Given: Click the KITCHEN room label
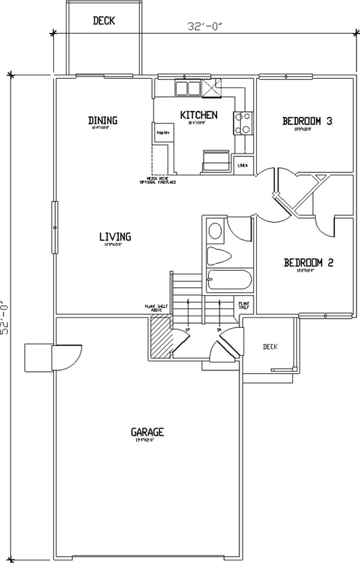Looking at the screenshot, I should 198,115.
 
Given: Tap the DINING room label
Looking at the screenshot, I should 103,120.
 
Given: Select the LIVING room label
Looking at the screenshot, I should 115,236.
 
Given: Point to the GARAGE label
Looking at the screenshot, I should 147,432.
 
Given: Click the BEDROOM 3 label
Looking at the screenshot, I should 307,121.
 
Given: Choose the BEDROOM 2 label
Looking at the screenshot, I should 308,263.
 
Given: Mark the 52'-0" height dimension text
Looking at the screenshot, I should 5,317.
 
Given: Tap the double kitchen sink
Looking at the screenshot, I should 188,87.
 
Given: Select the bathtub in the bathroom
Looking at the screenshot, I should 229,280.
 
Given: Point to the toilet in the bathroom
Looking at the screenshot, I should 219,257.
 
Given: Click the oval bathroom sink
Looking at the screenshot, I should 216,231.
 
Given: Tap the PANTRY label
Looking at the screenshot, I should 162,133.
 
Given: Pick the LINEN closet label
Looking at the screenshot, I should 242,166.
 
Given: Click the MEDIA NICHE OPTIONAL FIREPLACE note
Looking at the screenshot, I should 157,180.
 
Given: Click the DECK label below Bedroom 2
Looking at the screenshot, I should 270,347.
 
